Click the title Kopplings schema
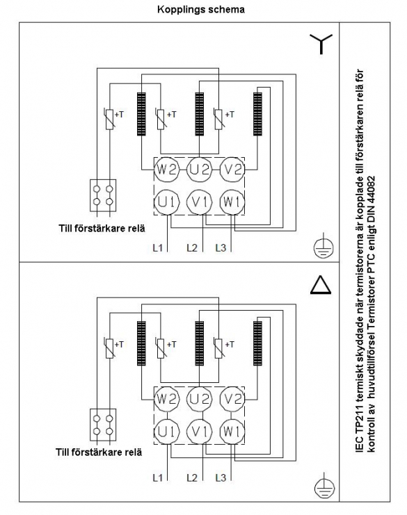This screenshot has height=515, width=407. coord(201,10)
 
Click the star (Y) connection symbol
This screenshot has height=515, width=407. coord(321,44)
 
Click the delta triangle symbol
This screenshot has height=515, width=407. coord(321,284)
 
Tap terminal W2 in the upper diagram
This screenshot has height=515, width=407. coord(167,170)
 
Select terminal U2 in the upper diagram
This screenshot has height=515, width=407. coord(199,170)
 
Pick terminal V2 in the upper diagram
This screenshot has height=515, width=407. coord(232,170)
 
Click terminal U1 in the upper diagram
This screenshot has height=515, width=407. coord(167,202)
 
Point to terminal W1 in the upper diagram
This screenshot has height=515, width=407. coord(232,202)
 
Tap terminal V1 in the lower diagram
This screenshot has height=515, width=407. coord(199,431)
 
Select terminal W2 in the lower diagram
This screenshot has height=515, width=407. coord(167,400)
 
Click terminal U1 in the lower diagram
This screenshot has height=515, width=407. coord(167,431)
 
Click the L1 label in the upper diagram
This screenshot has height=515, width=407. coord(158,247)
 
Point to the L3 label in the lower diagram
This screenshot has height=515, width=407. coord(221,477)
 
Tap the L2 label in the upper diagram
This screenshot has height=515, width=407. coord(192,247)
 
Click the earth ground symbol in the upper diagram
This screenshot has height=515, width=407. coord(324,246)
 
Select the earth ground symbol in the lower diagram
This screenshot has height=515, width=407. coord(324,487)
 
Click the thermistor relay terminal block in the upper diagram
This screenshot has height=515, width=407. coord(103,195)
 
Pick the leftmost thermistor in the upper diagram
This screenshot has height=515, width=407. coord(109,119)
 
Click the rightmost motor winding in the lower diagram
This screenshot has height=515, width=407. coord(257,343)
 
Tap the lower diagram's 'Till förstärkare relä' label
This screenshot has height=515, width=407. coord(99,452)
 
